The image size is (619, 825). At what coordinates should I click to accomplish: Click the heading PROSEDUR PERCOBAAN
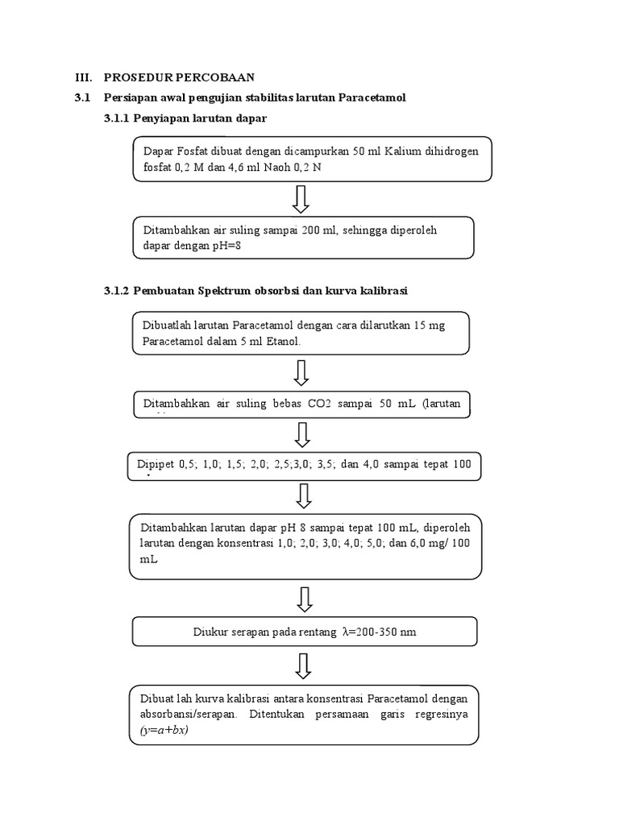(x=179, y=77)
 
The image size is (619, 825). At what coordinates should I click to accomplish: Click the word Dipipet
(x=155, y=464)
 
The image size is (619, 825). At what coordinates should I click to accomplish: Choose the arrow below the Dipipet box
(x=303, y=495)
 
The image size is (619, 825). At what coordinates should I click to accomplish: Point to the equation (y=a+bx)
(x=164, y=730)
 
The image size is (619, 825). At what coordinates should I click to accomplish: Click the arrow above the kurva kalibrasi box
(x=303, y=666)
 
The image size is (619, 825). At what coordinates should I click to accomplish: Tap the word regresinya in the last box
(x=442, y=715)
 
